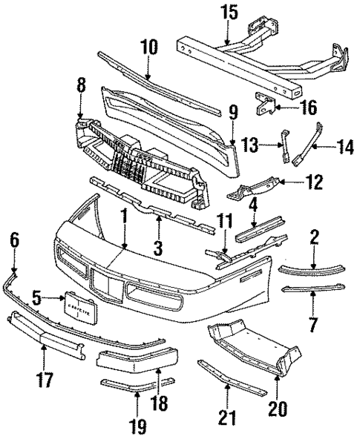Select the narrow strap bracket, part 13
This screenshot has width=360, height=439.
(x=285, y=145)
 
